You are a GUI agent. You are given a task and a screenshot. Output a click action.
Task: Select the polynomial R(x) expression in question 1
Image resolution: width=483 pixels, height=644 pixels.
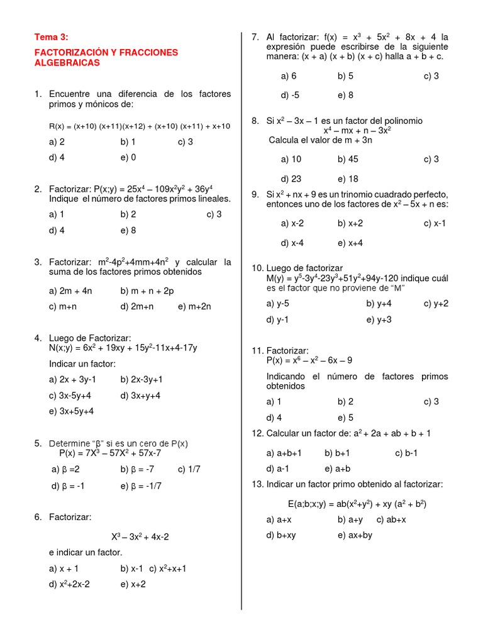pos(140,126)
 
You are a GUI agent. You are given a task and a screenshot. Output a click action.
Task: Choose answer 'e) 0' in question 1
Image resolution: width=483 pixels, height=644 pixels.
pos(128,157)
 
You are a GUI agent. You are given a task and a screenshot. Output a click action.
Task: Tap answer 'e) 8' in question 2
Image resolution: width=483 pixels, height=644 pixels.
pos(128,230)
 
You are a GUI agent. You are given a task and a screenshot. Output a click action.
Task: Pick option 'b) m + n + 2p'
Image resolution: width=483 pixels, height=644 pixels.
pos(147,291)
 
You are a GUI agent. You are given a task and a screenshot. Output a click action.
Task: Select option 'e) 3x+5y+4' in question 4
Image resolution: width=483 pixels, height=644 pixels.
pos(72,411)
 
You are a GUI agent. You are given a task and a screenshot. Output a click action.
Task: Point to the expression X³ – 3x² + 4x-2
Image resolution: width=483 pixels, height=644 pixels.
pos(140,536)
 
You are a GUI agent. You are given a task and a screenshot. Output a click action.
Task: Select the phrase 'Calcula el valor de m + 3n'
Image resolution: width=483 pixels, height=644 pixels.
pos(321,140)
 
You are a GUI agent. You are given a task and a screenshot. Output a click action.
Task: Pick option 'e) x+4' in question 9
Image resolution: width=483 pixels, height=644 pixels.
pos(350,243)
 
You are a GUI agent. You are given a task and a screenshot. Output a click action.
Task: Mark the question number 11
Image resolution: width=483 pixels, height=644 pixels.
pos(257,350)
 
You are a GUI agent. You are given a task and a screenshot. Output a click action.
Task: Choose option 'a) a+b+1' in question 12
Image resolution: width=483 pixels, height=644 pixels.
pos(284,453)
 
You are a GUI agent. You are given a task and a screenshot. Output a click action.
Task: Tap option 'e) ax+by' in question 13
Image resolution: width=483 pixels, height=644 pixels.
pos(355,535)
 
